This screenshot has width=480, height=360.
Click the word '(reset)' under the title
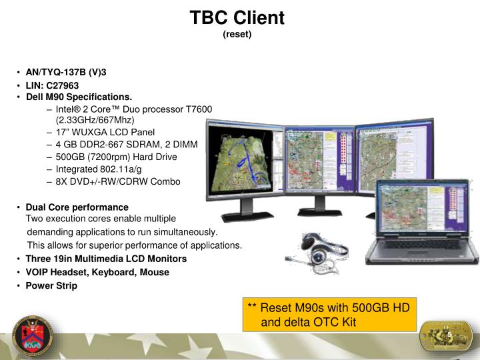coord(237,34)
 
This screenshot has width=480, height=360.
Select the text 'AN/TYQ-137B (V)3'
coord(66,72)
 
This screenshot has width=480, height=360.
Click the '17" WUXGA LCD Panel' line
coord(105,132)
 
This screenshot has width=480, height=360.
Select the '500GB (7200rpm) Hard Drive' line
coord(116,157)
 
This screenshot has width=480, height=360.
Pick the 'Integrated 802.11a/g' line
coord(98,169)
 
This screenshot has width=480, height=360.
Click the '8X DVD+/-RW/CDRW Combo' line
coord(117,181)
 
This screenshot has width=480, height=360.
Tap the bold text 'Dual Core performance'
coord(77,207)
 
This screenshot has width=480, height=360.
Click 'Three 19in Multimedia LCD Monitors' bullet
coord(106,259)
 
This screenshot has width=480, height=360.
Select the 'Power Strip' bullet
coord(51,285)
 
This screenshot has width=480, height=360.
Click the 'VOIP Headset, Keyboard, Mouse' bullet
coord(97,272)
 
